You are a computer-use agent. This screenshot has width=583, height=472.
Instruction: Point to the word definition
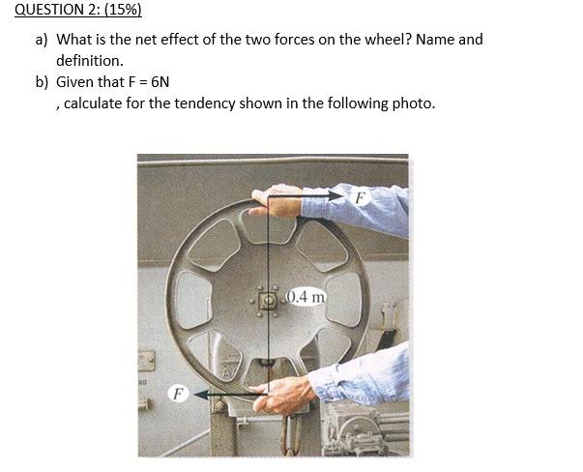89,60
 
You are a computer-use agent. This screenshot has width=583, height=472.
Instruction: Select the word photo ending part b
413,103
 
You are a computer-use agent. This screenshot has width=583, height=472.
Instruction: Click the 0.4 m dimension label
305,297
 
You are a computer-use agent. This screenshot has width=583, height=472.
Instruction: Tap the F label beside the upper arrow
360,196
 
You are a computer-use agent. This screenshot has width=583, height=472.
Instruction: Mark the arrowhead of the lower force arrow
197,394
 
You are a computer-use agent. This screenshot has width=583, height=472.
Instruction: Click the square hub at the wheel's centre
267,297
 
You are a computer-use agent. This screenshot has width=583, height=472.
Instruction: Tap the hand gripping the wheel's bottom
280,393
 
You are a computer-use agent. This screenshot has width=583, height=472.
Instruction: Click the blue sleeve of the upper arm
372,208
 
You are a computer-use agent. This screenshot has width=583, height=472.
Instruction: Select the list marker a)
42,40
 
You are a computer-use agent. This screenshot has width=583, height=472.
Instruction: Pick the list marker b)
42,82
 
